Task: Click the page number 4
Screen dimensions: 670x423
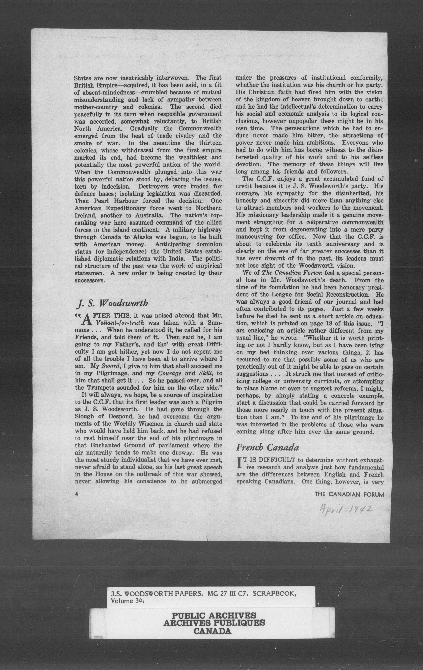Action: click(x=76, y=494)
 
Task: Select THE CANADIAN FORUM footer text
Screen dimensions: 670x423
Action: click(x=349, y=494)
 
